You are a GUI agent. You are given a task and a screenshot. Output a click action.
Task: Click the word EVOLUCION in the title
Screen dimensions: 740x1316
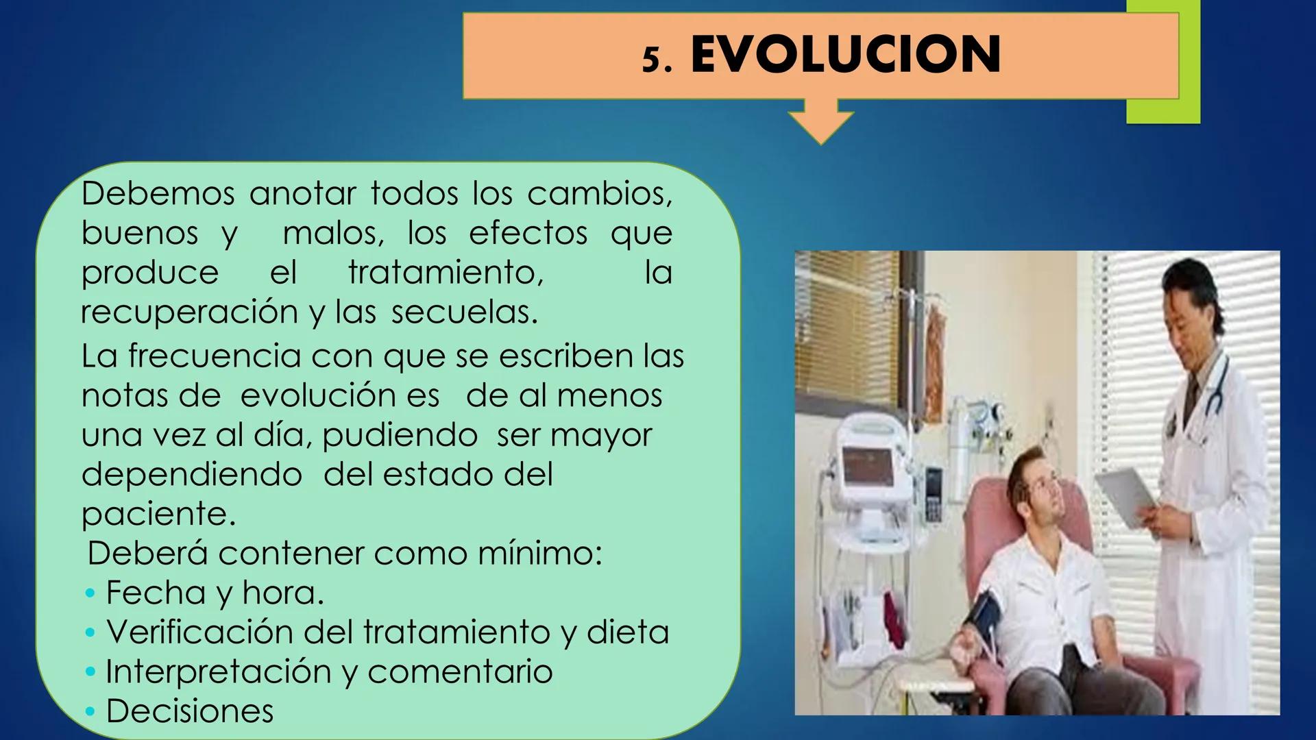point(845,55)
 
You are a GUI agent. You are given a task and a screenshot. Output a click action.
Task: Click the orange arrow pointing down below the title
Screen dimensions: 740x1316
point(821,123)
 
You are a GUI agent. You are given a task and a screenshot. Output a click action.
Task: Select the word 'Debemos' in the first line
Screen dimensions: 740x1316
point(158,194)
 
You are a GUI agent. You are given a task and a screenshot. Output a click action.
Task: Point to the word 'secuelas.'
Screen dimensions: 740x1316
point(464,312)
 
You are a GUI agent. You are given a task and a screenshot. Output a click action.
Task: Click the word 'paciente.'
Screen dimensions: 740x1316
point(158,514)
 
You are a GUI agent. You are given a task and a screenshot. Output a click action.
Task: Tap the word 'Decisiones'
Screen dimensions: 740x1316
point(190,711)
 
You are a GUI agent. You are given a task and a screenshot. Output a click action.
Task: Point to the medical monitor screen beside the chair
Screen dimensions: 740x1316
point(869,466)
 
